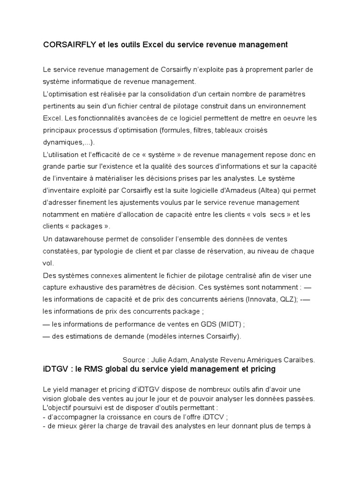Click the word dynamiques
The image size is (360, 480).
click(x=62, y=142)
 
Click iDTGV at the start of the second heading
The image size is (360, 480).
click(x=55, y=369)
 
